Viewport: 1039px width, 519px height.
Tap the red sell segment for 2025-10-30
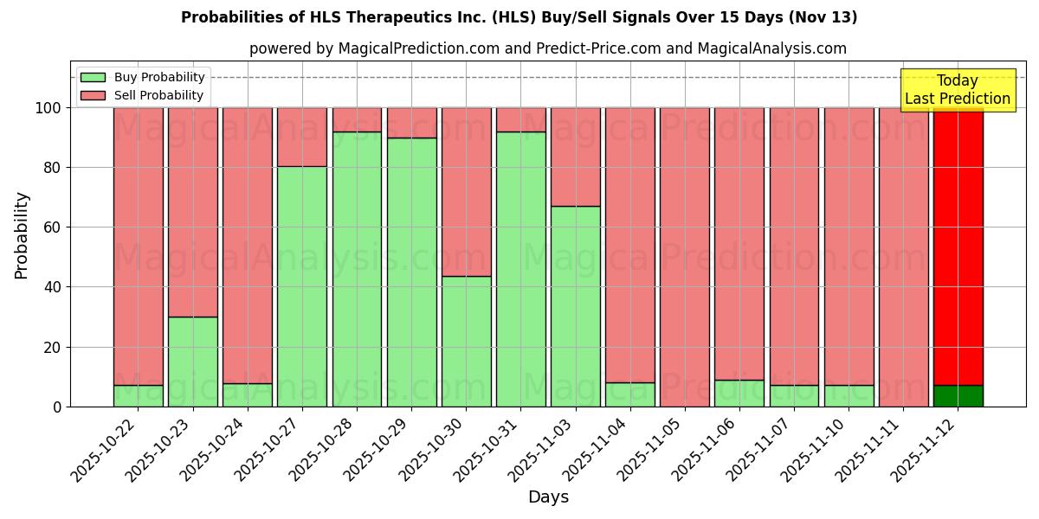(466, 191)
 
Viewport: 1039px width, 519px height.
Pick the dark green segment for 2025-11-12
(958, 395)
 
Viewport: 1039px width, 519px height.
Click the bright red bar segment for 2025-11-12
(958, 246)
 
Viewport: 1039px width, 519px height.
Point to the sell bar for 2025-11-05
(685, 256)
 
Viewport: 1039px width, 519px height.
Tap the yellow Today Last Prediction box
(958, 90)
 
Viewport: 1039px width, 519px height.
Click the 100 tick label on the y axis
(48, 108)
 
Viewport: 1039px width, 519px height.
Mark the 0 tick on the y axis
(57, 407)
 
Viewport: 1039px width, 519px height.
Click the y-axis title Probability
(22, 235)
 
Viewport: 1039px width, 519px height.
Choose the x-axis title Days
(548, 497)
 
